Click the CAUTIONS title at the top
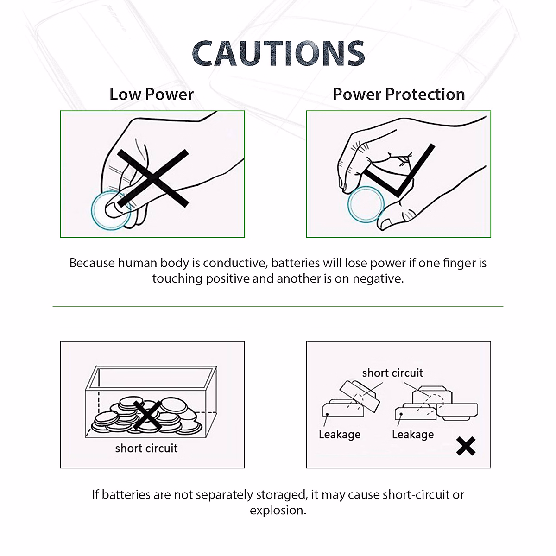[x=278, y=53]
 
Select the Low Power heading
[x=152, y=95]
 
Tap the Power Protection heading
[x=398, y=95]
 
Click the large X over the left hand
[x=153, y=178]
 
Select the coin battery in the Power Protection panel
[x=366, y=204]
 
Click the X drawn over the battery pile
[x=147, y=415]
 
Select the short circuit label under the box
[x=146, y=448]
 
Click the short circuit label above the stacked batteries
[x=392, y=373]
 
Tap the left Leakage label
[x=340, y=435]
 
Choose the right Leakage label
[x=413, y=435]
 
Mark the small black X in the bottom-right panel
[x=466, y=446]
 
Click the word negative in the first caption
[x=377, y=278]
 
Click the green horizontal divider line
[x=278, y=306]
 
